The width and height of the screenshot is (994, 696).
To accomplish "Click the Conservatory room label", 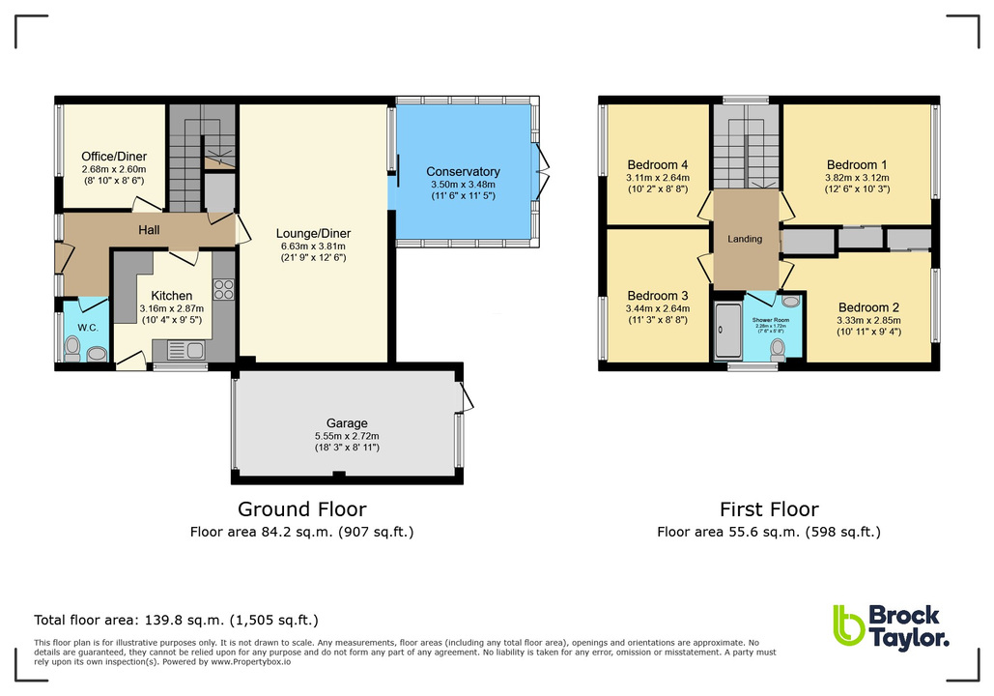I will (x=463, y=172).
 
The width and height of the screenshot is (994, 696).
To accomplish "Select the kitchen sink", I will (x=183, y=350).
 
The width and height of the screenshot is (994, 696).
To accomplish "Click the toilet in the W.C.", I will (x=97, y=355).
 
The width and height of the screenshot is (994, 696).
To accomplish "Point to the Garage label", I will (x=347, y=423).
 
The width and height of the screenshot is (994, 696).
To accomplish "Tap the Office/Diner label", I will (x=113, y=157).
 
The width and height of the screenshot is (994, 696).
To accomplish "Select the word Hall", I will (x=149, y=229).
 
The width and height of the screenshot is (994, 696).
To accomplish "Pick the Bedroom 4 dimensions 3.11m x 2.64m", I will (x=657, y=177).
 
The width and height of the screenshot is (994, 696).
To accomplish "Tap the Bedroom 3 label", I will (x=657, y=296).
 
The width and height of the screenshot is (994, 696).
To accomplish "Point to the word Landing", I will (x=745, y=239).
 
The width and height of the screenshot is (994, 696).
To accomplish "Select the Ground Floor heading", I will (x=302, y=509).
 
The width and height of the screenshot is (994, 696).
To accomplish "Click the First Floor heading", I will (x=769, y=509).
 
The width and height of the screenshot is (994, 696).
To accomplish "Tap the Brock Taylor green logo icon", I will (x=847, y=625).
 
